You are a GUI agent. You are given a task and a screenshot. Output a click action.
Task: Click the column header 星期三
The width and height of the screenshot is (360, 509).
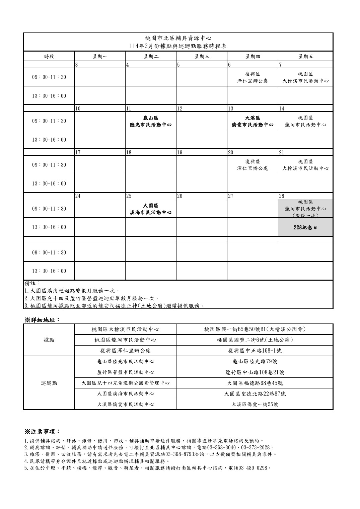(202, 56)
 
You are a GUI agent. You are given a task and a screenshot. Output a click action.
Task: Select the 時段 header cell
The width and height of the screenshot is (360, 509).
(49, 56)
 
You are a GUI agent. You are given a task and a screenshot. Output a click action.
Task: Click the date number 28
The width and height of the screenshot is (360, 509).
(282, 196)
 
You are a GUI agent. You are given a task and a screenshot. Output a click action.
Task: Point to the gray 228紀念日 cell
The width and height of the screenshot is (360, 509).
(305, 227)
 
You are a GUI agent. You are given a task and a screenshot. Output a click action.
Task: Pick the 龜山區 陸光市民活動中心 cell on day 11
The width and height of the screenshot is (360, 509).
(151, 121)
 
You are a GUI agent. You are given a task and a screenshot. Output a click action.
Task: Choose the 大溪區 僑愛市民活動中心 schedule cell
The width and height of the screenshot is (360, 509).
(253, 121)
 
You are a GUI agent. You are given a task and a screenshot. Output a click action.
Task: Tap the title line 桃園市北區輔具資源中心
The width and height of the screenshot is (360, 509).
(178, 38)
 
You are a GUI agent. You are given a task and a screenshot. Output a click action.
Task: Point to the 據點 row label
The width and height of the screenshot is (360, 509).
(49, 340)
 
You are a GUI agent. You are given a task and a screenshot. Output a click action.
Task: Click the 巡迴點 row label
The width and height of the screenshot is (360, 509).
(49, 383)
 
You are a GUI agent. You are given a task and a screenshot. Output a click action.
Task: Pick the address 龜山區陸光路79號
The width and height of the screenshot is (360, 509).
(255, 361)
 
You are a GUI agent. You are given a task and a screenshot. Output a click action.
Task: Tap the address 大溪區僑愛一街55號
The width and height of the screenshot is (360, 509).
(255, 404)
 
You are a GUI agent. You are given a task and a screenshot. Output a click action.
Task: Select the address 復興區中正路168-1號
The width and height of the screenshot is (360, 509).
(255, 351)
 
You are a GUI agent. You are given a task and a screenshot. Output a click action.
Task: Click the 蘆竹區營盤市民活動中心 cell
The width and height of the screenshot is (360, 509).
(125, 372)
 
